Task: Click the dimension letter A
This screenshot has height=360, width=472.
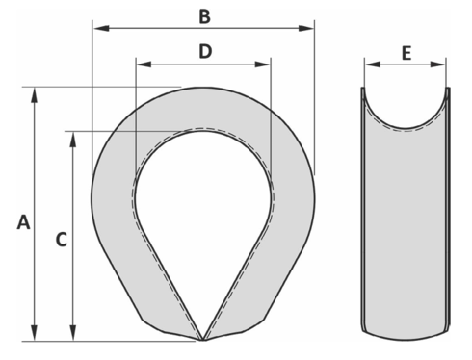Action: click(24, 222)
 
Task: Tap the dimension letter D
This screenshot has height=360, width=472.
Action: click(204, 52)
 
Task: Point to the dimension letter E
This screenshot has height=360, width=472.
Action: click(406, 54)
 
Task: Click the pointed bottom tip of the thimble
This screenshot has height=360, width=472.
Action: click(203, 339)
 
